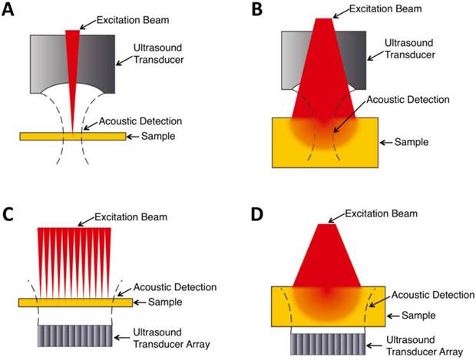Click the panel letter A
click(10, 12)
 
